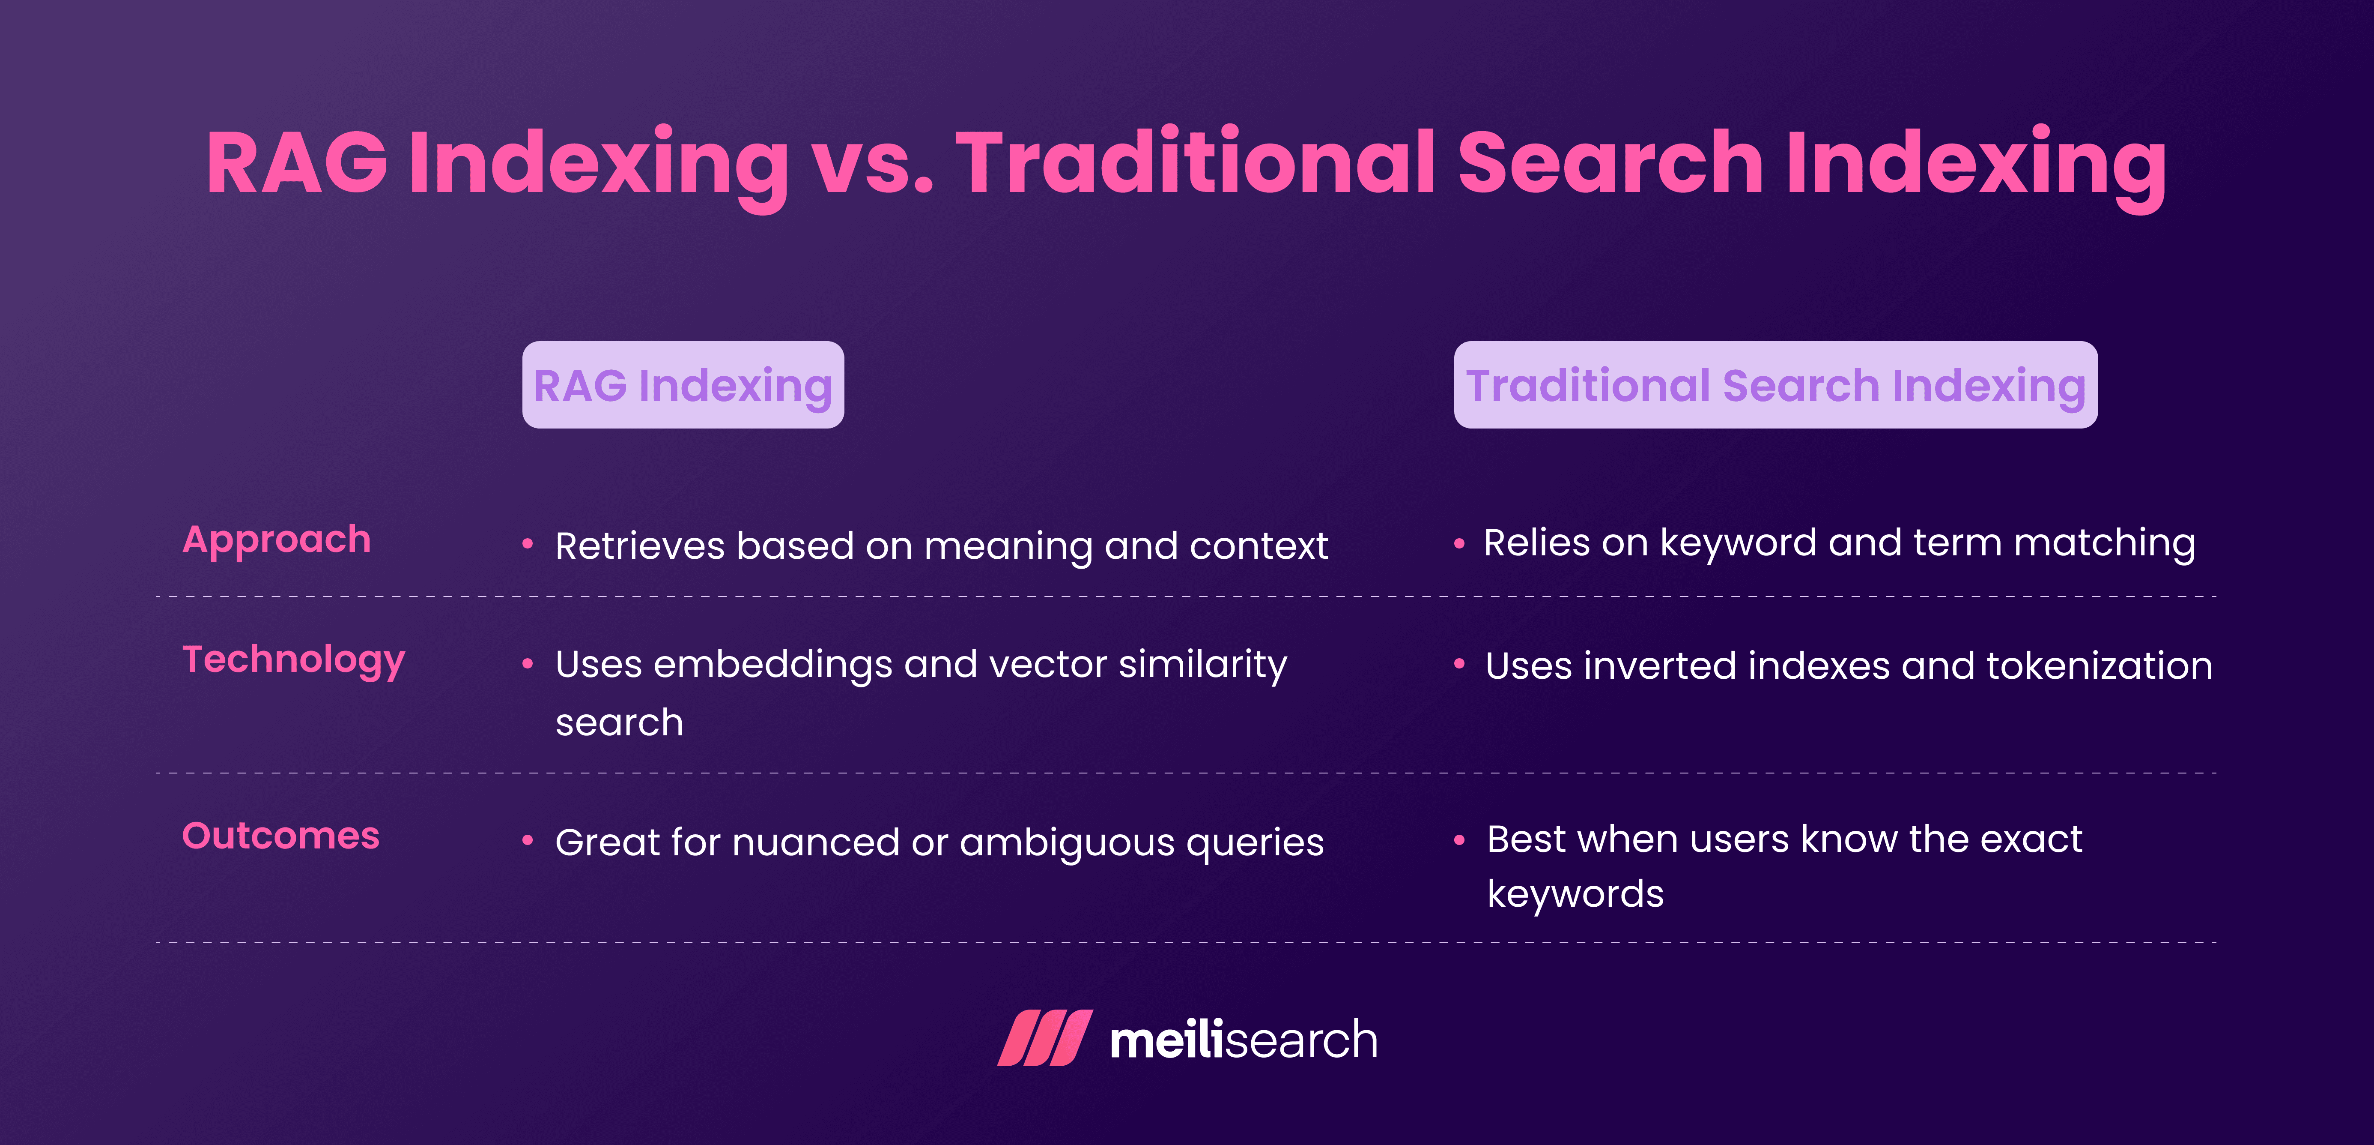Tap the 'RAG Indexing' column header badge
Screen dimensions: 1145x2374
click(x=683, y=385)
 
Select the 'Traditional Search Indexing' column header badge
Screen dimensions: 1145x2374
click(x=1775, y=385)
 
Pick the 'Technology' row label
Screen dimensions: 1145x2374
click(x=293, y=660)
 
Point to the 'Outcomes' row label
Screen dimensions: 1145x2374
click(x=280, y=836)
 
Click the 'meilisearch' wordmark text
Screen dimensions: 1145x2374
click(x=1243, y=1040)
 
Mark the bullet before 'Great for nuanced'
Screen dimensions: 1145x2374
click(x=528, y=840)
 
